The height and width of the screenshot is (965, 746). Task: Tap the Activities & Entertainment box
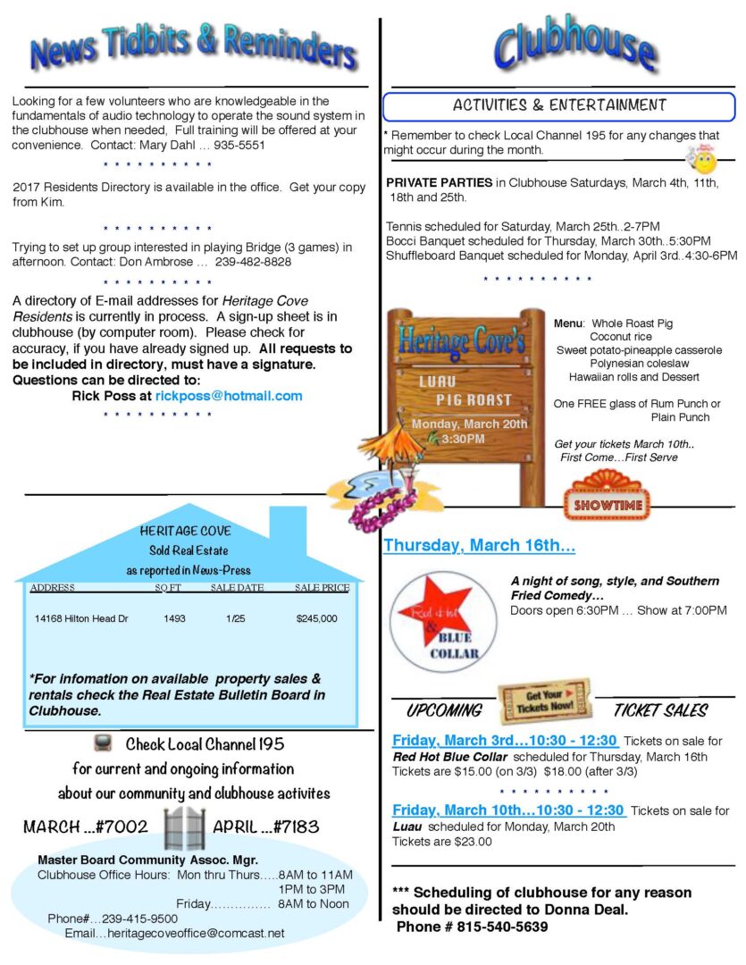559,106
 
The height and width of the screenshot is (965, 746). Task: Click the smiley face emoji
704,159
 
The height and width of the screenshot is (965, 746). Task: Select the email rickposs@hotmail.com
229,396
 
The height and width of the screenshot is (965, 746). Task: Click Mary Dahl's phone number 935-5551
235,145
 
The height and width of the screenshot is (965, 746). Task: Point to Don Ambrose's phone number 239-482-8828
252,263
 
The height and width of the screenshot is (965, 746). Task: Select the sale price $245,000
317,618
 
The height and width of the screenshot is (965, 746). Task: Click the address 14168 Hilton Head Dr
81,618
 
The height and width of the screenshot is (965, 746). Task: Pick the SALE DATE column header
237,588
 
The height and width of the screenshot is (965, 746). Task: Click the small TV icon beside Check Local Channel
103,743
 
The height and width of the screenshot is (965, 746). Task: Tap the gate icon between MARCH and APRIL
184,827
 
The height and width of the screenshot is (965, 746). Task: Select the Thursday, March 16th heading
479,545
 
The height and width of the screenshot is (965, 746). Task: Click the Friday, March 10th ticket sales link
508,810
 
